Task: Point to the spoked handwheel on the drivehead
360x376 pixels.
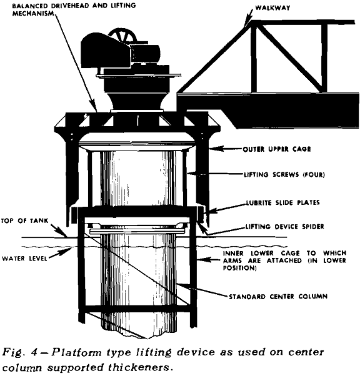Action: coord(122,36)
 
